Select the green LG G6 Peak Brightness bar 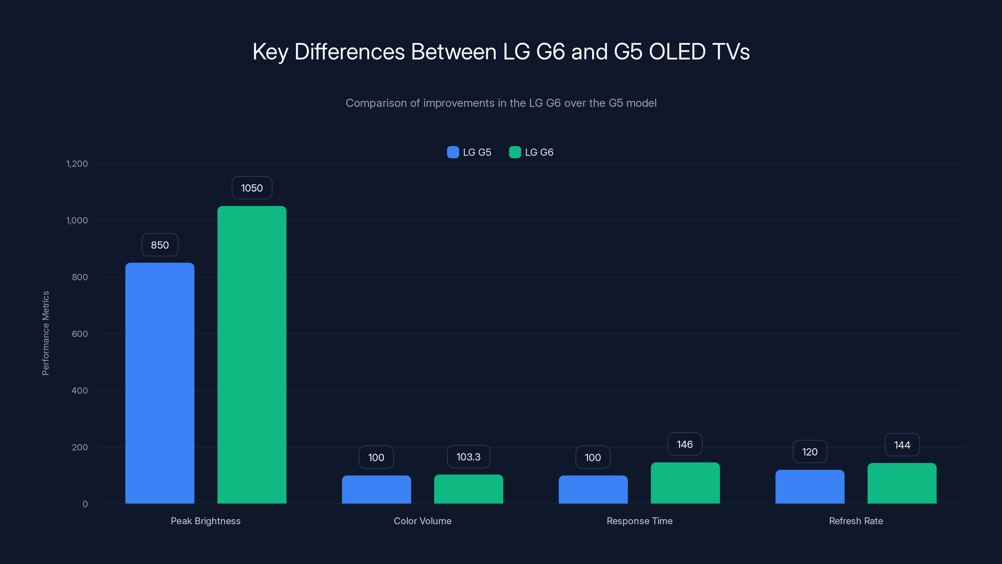point(252,355)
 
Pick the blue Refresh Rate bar point(809,487)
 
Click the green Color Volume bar point(468,489)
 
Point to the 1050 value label point(252,188)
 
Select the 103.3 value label point(468,457)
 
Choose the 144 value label point(902,445)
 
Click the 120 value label point(809,452)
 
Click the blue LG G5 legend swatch point(453,152)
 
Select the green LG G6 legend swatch point(514,152)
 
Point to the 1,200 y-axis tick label point(77,164)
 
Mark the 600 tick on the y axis point(80,334)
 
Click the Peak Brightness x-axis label point(205,521)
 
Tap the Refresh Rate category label point(856,521)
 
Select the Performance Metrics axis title point(45,333)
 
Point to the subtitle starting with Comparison point(501,103)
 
